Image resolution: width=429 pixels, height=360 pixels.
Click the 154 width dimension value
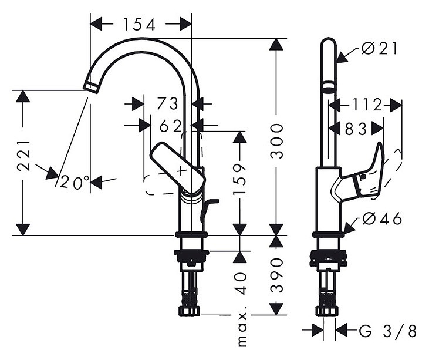pos(139,24)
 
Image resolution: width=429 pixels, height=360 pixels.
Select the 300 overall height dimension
pos(276,141)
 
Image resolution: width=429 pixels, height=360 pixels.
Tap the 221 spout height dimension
pos(23,156)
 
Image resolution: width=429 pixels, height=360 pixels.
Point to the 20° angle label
pos(75,182)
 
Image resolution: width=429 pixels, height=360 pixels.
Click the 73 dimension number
pos(167,104)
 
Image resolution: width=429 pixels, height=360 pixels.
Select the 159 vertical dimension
pos(239,180)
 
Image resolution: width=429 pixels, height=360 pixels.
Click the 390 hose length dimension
pos(276,275)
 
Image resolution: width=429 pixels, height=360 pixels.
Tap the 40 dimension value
pos(240,283)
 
